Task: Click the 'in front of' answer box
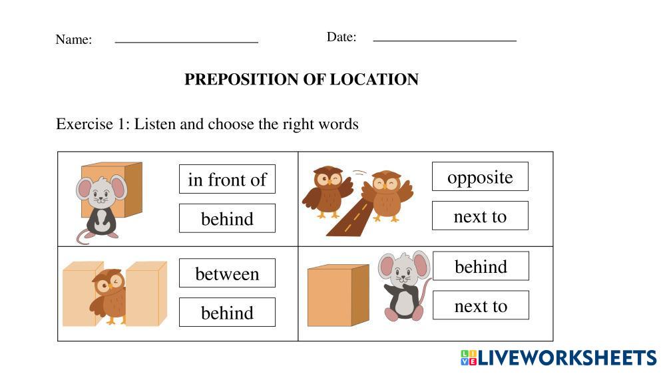click(x=227, y=179)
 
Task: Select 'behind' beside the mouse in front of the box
click(x=227, y=218)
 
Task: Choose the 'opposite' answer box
click(x=480, y=176)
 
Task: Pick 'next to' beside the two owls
click(x=480, y=216)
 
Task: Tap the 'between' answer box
click(x=227, y=273)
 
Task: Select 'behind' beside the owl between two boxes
click(x=227, y=312)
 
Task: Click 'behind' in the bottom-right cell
click(x=481, y=266)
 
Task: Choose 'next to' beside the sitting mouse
click(x=481, y=305)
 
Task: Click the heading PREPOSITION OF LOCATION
click(x=301, y=79)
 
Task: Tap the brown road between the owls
click(x=350, y=216)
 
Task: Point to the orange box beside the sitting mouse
click(x=338, y=295)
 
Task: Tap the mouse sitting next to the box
click(x=404, y=286)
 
